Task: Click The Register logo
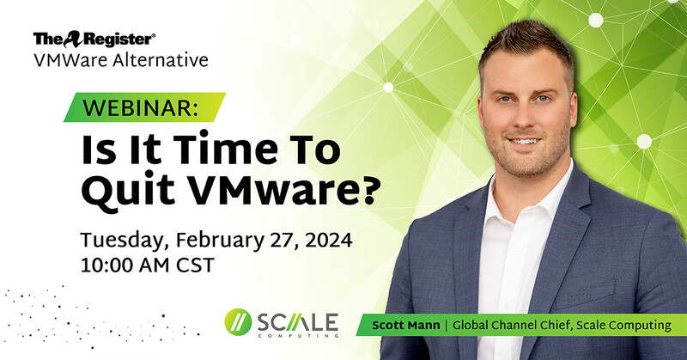tap(94, 39)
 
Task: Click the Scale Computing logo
tap(284, 324)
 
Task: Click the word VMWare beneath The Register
tap(64, 61)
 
